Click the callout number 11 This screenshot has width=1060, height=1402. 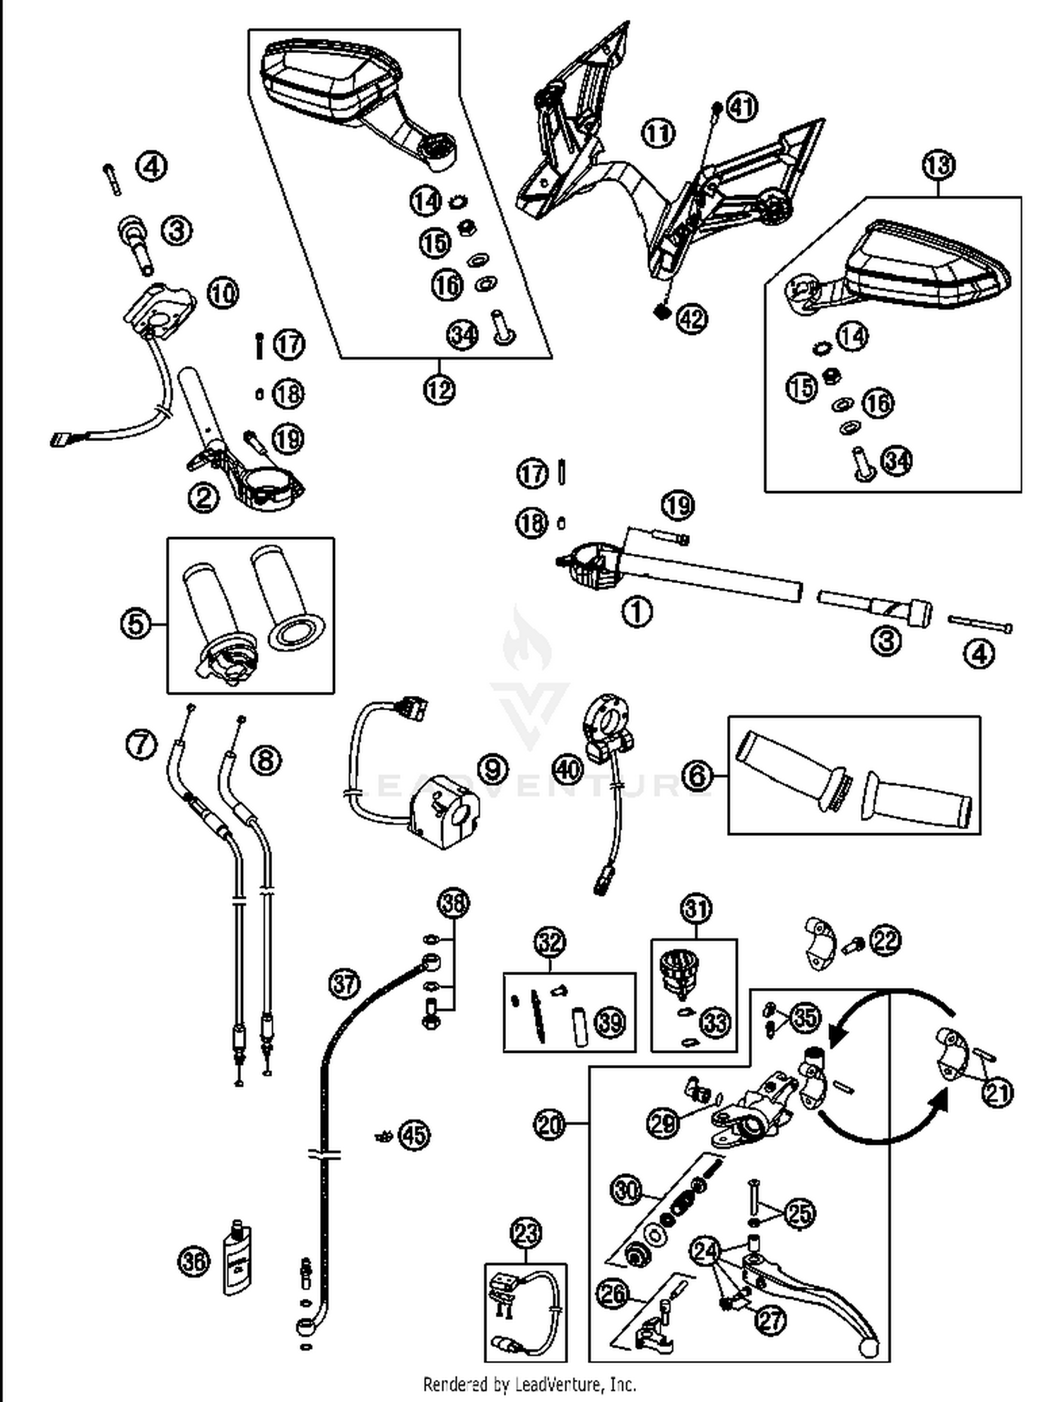pos(658,133)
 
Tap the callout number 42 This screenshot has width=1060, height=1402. pos(692,319)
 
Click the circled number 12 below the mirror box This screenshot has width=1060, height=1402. pos(440,389)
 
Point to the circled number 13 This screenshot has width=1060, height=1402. pos(938,165)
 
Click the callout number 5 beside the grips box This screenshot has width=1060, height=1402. pos(136,624)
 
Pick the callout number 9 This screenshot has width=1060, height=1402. pos(493,768)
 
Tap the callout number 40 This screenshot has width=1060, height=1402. pos(568,770)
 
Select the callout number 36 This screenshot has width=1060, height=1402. pos(194,1261)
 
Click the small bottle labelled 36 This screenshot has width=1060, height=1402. pos(237,1258)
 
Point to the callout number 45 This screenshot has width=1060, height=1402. pos(414,1135)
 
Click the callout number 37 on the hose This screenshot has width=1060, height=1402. pos(345,984)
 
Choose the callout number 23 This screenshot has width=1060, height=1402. pos(526,1235)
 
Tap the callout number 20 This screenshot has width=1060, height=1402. pos(550,1123)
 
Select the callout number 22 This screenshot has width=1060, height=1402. pos(886,941)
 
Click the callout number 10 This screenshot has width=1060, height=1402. pos(223,292)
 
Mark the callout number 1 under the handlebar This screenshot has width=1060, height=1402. pos(637,612)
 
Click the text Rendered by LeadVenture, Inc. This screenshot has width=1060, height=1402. pos(529,1384)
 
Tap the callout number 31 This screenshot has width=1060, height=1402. pos(696,909)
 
